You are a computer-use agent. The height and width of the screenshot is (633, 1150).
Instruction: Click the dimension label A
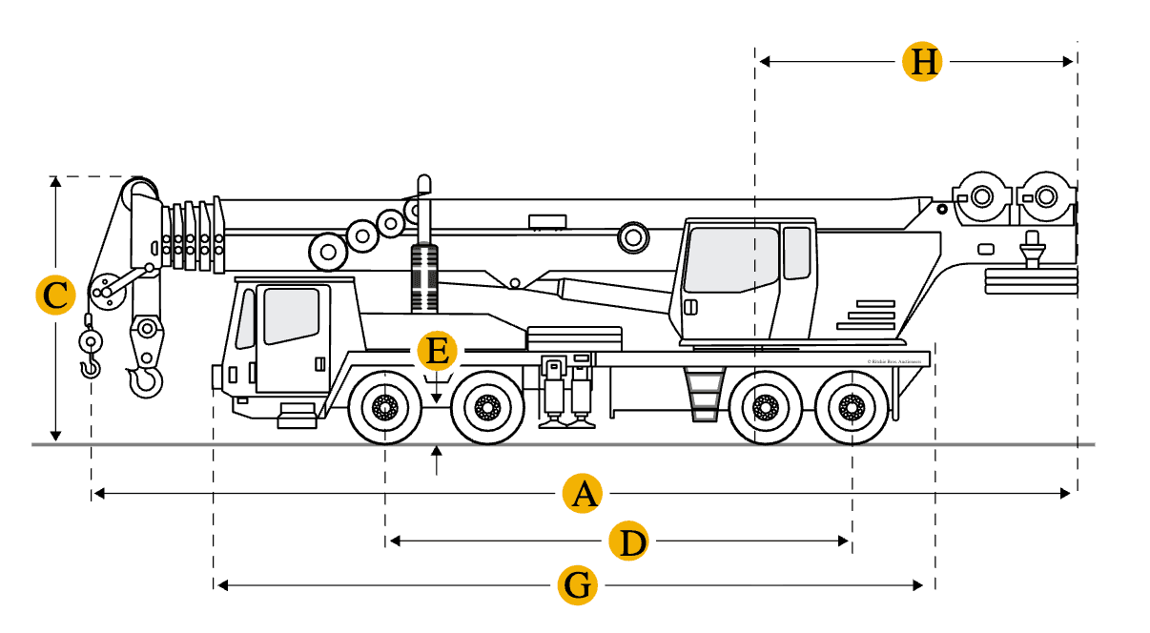[x=583, y=494]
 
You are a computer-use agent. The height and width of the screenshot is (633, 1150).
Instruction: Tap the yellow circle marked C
[x=55, y=296]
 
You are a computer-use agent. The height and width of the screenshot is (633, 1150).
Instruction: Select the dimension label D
[x=629, y=542]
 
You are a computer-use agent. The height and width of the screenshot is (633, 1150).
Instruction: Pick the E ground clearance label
[x=437, y=351]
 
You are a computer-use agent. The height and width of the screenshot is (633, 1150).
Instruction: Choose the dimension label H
[x=922, y=62]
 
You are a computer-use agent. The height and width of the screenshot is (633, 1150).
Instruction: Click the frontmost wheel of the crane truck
[x=386, y=408]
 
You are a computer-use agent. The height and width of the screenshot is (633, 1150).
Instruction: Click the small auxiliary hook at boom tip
[x=90, y=367]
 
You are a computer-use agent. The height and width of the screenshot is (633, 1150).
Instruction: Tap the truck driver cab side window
[x=291, y=315]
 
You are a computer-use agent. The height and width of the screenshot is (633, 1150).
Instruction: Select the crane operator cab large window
[x=731, y=259]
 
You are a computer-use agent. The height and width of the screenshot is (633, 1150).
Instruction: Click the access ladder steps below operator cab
[x=704, y=395]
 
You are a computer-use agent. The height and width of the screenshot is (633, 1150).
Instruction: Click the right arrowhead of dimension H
[x=1069, y=62]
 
